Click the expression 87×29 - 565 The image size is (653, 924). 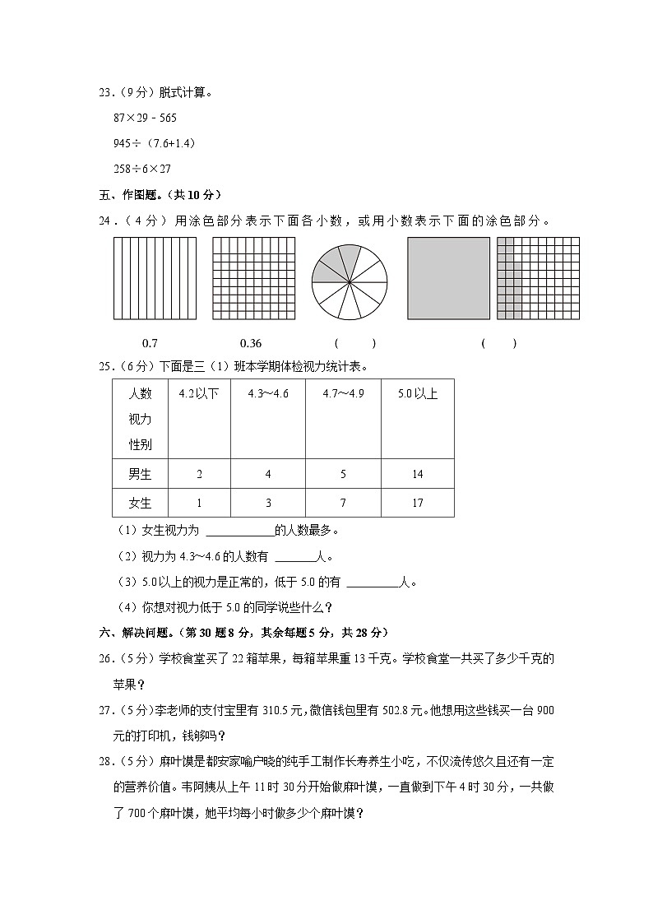coord(145,118)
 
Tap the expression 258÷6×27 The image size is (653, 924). coord(142,169)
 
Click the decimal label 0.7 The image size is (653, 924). coord(151,343)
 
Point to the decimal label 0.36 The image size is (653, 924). coord(250,343)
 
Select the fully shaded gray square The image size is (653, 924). coord(448,279)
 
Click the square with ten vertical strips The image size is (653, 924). coord(155,279)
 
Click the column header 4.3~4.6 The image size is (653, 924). coord(267,393)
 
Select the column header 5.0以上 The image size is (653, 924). coord(418,393)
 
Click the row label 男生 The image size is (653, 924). coord(140,474)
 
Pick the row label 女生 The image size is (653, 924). coord(140,503)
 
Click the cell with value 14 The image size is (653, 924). coord(418,474)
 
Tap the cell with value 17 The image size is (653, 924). coord(418,503)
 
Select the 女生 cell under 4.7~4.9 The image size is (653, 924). coord(343,503)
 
